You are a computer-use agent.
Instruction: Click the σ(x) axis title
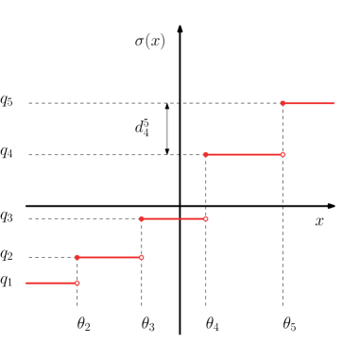click(150, 42)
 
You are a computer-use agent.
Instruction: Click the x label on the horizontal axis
click(319, 221)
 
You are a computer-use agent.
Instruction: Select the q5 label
click(7, 101)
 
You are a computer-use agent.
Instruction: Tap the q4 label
click(7, 152)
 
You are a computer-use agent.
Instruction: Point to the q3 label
click(7, 218)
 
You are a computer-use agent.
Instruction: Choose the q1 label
click(7, 282)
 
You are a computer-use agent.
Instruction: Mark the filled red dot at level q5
click(283, 102)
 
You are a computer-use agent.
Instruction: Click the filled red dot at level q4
click(206, 154)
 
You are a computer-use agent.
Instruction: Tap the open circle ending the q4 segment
click(283, 154)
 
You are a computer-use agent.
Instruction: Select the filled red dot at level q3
click(142, 219)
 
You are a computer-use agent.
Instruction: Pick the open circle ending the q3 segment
click(206, 219)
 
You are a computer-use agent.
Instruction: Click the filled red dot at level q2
click(77, 257)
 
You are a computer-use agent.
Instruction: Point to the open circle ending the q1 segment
click(77, 283)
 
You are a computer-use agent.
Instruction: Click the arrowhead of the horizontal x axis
click(331, 205)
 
